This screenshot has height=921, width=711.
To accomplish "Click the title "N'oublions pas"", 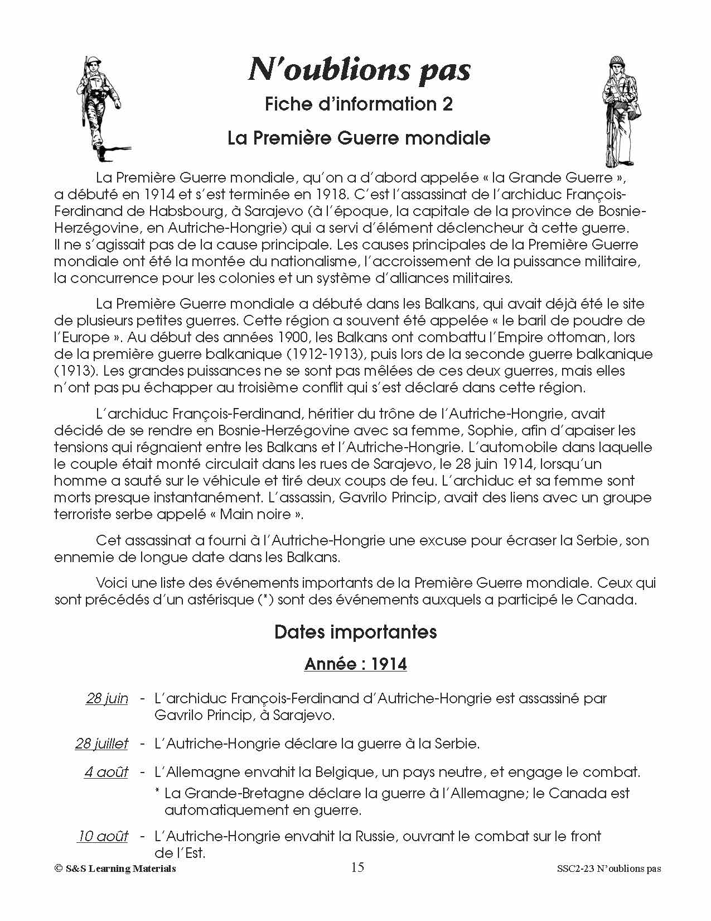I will pos(359,71).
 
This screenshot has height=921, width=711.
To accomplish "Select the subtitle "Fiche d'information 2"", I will pos(359,104).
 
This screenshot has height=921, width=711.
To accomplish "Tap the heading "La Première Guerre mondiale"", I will pos(359,138).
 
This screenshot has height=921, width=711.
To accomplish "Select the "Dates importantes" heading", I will pos(356,632).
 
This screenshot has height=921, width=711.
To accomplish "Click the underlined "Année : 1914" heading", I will pos(356,664).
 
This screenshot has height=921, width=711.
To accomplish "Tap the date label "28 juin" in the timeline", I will pos(107,698).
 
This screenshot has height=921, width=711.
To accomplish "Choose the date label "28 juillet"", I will pos(101,743).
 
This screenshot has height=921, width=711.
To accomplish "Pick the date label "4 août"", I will pos(106,773).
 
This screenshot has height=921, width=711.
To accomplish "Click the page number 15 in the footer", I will pos(357,867).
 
